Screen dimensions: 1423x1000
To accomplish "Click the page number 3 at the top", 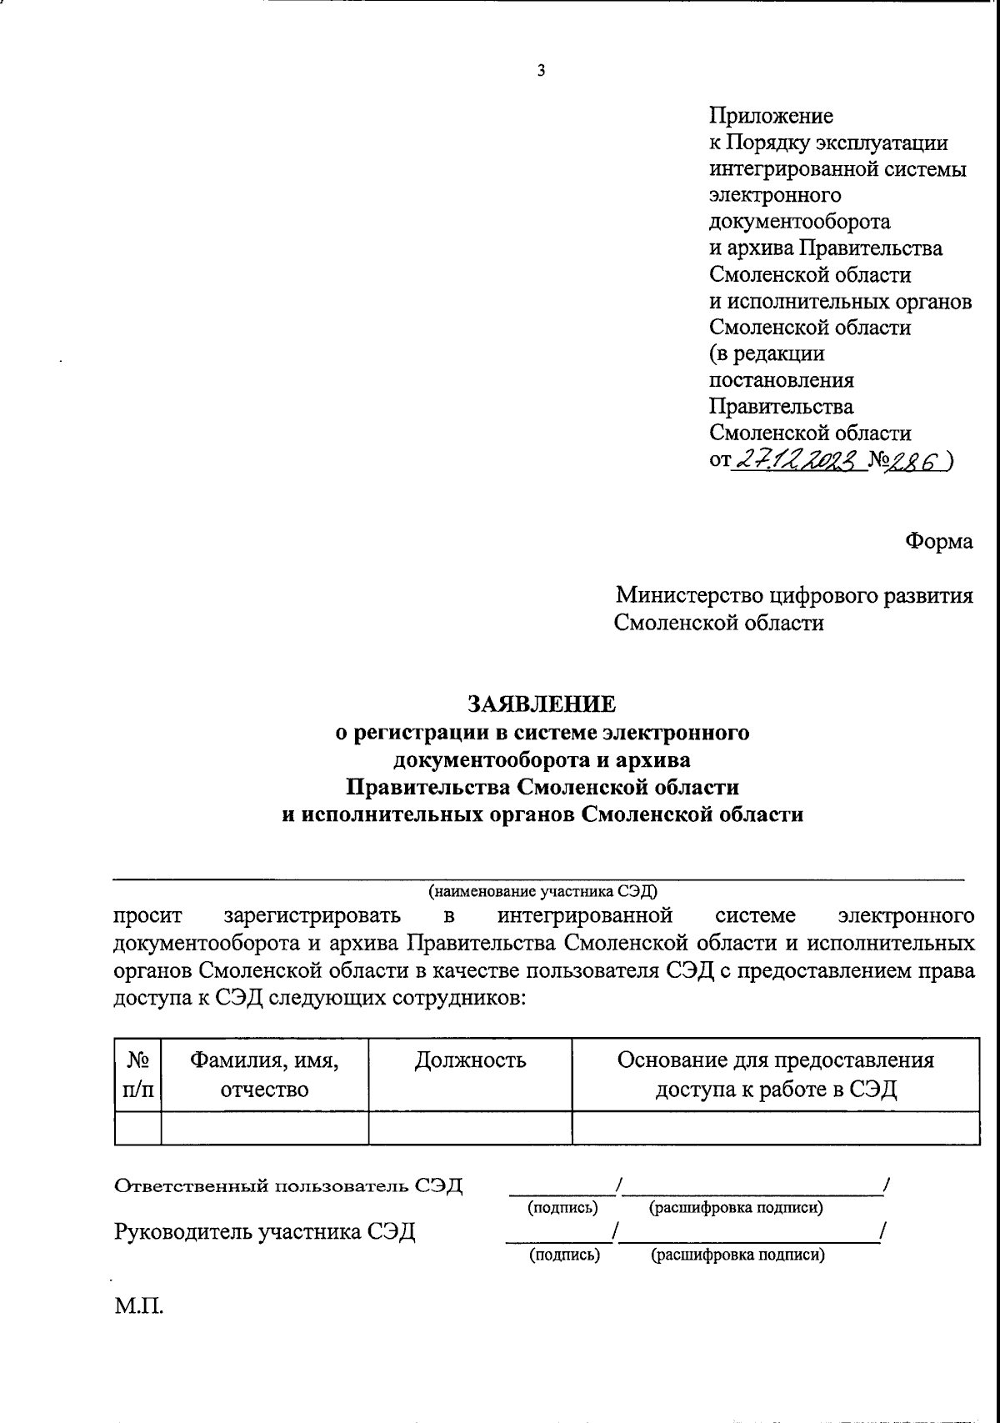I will point(541,72).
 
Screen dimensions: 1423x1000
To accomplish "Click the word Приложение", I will point(771,115).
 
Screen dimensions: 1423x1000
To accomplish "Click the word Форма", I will point(939,541).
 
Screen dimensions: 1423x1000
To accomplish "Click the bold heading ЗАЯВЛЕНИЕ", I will point(542,704).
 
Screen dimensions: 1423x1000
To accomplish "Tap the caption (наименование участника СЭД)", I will point(542,890).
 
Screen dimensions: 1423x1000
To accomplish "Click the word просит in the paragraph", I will point(147,915).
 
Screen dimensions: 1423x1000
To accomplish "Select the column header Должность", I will point(470,1060).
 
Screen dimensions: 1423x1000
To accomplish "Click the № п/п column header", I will point(137,1075).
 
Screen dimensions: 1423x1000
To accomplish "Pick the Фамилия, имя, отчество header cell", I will point(264,1075).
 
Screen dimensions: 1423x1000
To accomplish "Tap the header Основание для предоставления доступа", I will point(775,1075).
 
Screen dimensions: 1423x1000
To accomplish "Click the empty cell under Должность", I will point(470,1127).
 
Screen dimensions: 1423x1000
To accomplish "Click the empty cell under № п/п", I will point(137,1127).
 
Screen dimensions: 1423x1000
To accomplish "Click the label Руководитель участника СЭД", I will point(264,1231).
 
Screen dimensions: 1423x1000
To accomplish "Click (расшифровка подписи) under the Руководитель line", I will point(737,1255).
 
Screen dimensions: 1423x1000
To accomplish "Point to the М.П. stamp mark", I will point(139,1305).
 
